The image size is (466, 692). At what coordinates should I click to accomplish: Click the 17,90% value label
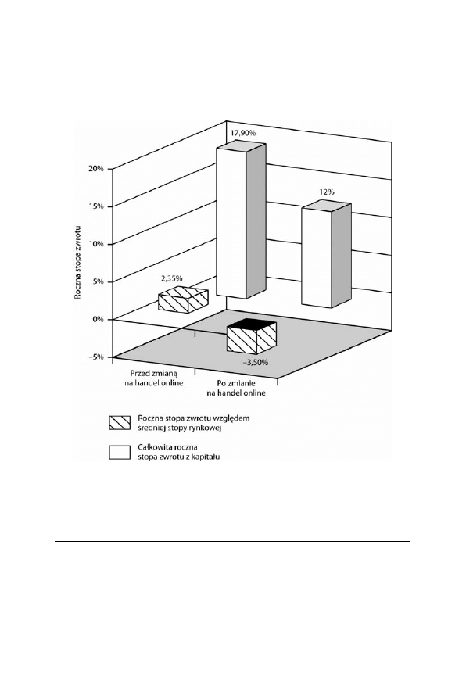click(x=243, y=133)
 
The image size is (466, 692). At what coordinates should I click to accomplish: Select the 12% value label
click(x=327, y=192)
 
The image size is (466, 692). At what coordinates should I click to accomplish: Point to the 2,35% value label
click(x=171, y=278)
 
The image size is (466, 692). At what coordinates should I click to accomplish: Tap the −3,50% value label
click(x=256, y=362)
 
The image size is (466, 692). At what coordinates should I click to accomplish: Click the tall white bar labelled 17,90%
click(x=241, y=221)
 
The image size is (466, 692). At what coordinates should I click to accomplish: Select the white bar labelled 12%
click(x=326, y=254)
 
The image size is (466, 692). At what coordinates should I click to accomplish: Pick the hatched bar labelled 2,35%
click(x=183, y=299)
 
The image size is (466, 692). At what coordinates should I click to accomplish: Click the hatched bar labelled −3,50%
click(x=252, y=336)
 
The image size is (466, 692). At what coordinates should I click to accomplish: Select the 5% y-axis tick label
click(x=99, y=281)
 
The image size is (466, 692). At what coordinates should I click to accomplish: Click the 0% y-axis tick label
click(x=99, y=319)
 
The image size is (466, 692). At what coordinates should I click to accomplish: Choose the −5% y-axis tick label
click(x=96, y=357)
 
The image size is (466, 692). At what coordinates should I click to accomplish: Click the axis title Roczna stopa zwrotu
click(x=77, y=262)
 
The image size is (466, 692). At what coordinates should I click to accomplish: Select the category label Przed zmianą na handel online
click(x=153, y=378)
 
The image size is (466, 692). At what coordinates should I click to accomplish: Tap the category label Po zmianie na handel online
click(x=236, y=388)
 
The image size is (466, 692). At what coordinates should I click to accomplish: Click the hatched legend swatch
click(x=120, y=423)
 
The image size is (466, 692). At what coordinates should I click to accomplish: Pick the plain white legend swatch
click(x=120, y=453)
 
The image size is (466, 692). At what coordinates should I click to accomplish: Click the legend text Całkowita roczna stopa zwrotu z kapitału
click(x=179, y=452)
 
